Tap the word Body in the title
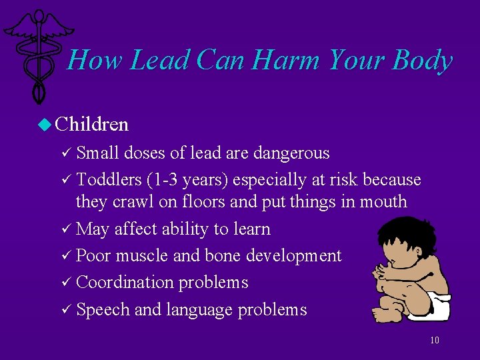(x=422, y=61)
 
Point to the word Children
(x=92, y=124)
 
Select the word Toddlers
(x=105, y=180)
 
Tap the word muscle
(x=143, y=255)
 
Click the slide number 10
(x=434, y=340)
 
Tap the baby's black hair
(x=400, y=230)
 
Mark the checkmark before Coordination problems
(x=66, y=283)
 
